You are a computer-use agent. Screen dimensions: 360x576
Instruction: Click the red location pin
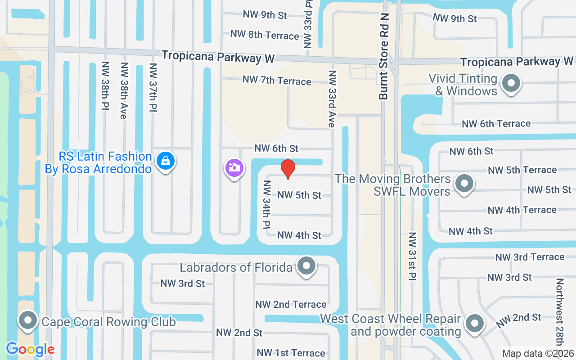click(x=288, y=169)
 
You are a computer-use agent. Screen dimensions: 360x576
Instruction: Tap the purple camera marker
click(x=234, y=168)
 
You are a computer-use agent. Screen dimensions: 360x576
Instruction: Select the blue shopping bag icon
click(x=166, y=161)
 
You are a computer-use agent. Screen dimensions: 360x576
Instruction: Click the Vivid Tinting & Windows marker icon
click(x=511, y=83)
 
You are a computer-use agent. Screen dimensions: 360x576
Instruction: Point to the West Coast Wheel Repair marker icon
click(x=474, y=324)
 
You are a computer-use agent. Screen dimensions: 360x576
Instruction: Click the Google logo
click(x=30, y=349)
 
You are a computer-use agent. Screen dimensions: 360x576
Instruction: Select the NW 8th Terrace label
click(x=264, y=35)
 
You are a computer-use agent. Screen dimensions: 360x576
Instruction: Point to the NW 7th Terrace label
click(x=276, y=81)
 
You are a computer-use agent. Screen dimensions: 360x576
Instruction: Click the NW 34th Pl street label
click(x=266, y=204)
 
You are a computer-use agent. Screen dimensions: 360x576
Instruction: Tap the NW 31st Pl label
click(x=412, y=257)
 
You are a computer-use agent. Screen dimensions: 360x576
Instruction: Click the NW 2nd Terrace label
click(x=291, y=305)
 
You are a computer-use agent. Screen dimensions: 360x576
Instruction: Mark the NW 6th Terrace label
click(x=496, y=124)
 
